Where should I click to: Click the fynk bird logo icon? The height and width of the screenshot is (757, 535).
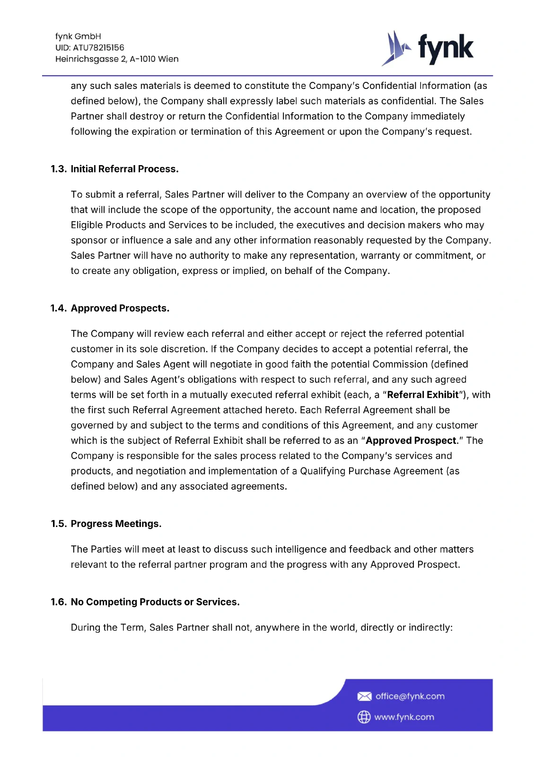(395, 48)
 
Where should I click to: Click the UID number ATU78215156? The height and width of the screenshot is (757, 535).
(98, 48)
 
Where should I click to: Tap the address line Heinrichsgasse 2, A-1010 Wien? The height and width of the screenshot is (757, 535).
(117, 59)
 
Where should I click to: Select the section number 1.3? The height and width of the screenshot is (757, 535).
(59, 169)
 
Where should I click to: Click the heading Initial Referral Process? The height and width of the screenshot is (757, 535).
(124, 169)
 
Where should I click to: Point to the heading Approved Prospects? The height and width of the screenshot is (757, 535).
(120, 308)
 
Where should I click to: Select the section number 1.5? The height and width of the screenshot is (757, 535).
(59, 524)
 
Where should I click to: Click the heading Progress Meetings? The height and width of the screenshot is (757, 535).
(116, 524)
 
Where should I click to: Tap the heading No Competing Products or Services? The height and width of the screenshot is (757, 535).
(155, 602)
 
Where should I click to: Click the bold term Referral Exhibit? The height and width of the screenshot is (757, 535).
(423, 395)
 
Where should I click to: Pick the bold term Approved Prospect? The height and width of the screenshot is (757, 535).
(411, 440)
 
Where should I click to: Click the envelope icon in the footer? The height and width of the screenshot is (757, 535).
(364, 696)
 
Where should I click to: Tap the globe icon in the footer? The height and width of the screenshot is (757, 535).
(364, 717)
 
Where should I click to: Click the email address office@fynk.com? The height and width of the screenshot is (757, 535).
(410, 696)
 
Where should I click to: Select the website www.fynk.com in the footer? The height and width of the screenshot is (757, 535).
(404, 717)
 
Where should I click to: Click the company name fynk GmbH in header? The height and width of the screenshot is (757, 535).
(78, 36)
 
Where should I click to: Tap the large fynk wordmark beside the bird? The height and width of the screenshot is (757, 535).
(445, 48)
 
